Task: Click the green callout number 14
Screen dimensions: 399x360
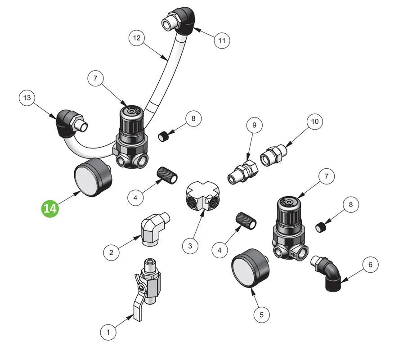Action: [50, 208]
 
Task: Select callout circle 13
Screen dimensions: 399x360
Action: [27, 98]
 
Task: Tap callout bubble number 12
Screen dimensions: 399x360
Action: [137, 38]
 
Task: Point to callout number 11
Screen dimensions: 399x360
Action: [222, 40]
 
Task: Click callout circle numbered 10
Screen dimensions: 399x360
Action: [315, 121]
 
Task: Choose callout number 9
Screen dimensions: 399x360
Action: [255, 125]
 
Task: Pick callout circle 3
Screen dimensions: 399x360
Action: [190, 246]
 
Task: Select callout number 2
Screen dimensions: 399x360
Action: [111, 252]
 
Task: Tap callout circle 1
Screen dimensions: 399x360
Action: [108, 332]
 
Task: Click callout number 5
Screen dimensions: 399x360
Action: [262, 315]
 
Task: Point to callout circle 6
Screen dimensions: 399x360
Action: [370, 265]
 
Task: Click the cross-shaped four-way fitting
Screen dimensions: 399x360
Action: [203, 195]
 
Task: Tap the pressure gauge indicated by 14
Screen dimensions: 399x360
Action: [93, 177]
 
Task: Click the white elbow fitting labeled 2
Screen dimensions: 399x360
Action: [154, 229]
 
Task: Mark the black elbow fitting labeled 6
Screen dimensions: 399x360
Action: [327, 273]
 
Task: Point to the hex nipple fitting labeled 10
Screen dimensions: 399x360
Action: [273, 155]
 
